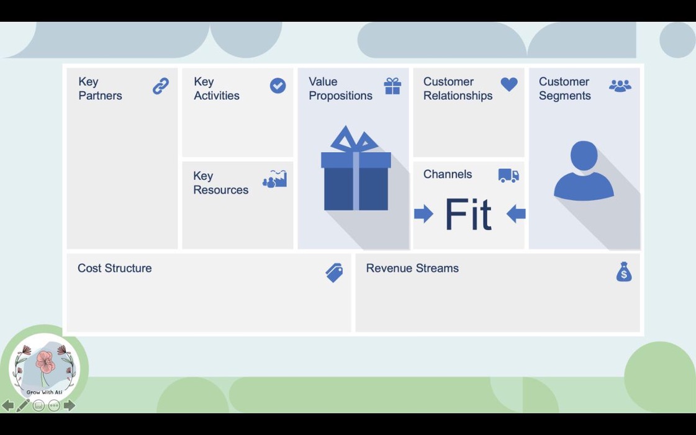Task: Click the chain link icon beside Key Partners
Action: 161,86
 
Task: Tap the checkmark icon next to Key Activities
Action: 278,86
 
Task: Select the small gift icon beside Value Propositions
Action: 392,86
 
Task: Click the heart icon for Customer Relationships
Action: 509,84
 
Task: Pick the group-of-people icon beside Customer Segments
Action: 620,86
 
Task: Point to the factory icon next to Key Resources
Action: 275,179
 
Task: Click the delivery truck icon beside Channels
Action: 508,176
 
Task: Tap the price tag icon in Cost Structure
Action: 334,272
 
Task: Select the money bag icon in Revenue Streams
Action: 623,272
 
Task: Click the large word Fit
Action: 469,215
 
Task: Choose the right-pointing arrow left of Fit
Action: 424,213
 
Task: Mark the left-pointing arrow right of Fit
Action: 516,213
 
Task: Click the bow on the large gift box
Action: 354,139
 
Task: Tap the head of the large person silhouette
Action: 584,156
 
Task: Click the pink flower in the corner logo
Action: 45,362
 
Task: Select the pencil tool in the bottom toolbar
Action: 23,405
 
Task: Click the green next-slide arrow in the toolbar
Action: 70,405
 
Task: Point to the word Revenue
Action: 387,268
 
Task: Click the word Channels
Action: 448,174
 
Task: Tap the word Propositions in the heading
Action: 340,96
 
